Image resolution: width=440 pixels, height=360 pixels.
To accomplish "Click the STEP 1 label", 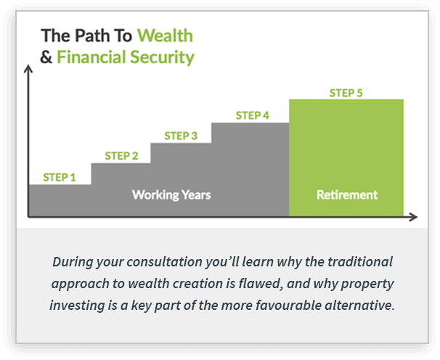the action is pyautogui.click(x=60, y=177).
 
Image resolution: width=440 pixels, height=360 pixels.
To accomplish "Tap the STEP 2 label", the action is pyautogui.click(x=121, y=156).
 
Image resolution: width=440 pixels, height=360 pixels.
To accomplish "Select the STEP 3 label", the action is pyautogui.click(x=181, y=136).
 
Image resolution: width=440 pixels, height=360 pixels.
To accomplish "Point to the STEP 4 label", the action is pyautogui.click(x=252, y=115).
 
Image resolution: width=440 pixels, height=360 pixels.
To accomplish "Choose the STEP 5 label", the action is pyautogui.click(x=346, y=93).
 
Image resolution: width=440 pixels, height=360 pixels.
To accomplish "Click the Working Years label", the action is pyautogui.click(x=171, y=195).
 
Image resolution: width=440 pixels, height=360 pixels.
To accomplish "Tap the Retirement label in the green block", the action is pyautogui.click(x=347, y=195).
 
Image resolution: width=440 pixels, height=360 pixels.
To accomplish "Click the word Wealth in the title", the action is pyautogui.click(x=165, y=36).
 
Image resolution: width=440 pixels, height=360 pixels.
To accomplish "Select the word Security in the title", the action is pyautogui.click(x=162, y=57).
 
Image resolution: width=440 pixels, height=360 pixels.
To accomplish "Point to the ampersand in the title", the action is pyautogui.click(x=46, y=57).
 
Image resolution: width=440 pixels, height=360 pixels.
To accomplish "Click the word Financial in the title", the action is pyautogui.click(x=91, y=57).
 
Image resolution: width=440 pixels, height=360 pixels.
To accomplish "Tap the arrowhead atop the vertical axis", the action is pyautogui.click(x=28, y=69).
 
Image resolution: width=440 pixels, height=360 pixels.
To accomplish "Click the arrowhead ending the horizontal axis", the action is pyautogui.click(x=414, y=217).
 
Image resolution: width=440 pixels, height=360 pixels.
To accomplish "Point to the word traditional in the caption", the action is pyautogui.click(x=360, y=262).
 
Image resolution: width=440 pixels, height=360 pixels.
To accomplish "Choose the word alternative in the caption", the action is pyautogui.click(x=359, y=305).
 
